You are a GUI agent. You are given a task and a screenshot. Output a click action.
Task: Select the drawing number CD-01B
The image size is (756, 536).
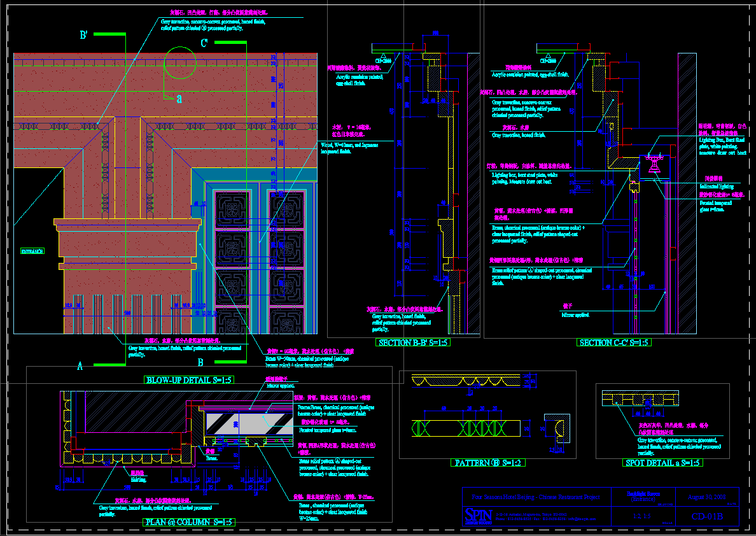click(708, 516)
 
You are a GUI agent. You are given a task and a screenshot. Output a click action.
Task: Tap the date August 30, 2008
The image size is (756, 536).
click(708, 497)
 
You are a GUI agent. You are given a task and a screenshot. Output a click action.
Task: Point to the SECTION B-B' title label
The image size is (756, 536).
click(412, 342)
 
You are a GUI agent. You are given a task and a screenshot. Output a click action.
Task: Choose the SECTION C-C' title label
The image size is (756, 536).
click(614, 342)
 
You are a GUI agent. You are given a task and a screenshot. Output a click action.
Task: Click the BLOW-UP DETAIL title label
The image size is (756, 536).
click(190, 380)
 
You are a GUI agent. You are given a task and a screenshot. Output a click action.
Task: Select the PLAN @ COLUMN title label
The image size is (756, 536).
click(189, 522)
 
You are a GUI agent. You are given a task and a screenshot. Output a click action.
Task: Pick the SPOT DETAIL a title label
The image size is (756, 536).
click(662, 463)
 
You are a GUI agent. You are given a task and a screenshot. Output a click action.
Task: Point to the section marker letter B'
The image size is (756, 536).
click(84, 36)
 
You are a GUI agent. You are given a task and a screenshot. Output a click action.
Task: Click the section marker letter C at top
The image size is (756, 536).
click(204, 43)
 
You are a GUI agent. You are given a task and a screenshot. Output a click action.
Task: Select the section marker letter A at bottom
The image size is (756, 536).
click(80, 366)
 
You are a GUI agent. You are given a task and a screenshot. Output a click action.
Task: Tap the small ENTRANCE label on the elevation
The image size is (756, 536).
click(32, 251)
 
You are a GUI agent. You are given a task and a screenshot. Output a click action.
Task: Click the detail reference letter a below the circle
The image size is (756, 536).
click(179, 99)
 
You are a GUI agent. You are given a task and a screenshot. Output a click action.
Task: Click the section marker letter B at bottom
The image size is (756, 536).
click(200, 363)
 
